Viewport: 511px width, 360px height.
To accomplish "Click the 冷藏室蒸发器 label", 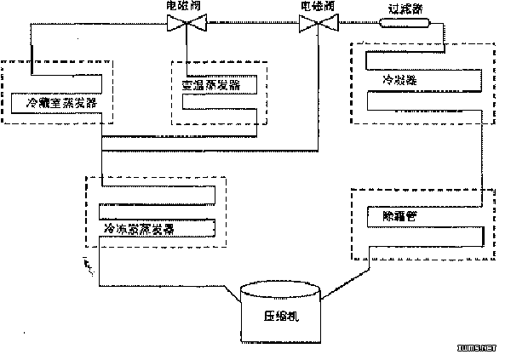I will tap(60, 103).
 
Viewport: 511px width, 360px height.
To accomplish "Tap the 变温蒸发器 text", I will tap(211, 85).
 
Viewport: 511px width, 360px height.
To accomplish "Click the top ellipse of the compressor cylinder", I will tap(280, 290).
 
